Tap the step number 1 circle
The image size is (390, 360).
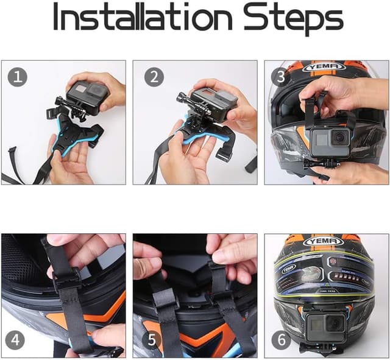[x=17, y=77]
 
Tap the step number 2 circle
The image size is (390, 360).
[x=154, y=77]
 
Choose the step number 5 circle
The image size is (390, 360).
[x=154, y=338]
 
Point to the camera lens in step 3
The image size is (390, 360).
[x=340, y=137]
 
